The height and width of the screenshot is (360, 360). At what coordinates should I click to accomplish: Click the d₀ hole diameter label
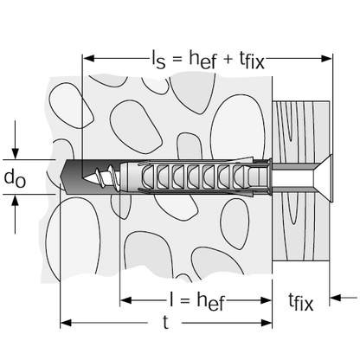tap(15, 178)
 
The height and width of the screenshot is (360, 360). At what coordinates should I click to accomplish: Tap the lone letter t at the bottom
tap(165, 322)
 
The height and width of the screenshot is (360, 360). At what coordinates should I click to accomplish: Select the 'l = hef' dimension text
tap(197, 301)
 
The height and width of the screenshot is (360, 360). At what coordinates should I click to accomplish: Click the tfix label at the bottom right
tap(300, 302)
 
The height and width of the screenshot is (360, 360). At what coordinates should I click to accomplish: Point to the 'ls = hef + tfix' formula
tap(208, 60)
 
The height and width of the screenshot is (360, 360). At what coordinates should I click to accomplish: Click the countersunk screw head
tap(323, 178)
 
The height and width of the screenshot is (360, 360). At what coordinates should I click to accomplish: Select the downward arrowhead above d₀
tap(15, 153)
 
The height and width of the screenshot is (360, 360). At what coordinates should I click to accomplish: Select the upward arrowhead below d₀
tap(15, 200)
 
